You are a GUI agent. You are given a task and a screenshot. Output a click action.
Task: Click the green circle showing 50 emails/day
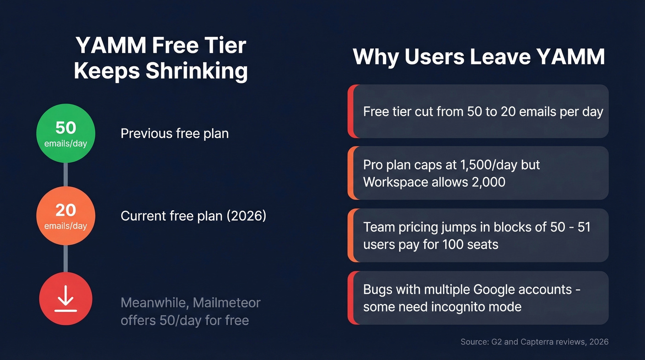(65, 133)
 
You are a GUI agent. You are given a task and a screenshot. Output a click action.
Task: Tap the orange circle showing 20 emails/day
(65, 216)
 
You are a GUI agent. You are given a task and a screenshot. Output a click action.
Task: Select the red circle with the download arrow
(65, 299)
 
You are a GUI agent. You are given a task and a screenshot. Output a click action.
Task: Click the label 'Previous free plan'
(175, 134)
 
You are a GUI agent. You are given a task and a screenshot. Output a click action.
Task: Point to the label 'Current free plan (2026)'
(193, 216)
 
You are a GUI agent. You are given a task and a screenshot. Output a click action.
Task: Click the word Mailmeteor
(227, 303)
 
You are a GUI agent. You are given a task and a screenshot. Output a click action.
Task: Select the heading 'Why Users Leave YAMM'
(478, 57)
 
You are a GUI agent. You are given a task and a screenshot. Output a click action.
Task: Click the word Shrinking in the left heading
(197, 71)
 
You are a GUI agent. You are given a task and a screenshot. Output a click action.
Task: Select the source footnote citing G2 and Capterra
(534, 342)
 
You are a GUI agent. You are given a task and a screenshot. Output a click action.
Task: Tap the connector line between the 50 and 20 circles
(65, 174)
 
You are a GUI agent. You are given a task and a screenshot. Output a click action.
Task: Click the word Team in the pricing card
(378, 227)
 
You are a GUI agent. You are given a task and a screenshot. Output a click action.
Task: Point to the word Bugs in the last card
(378, 289)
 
